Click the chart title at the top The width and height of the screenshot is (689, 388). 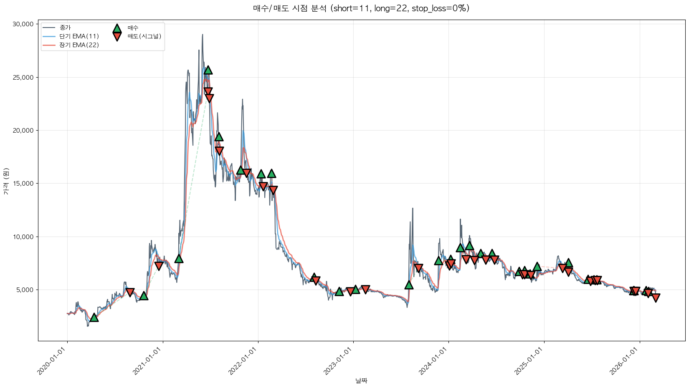pyautogui.click(x=361, y=8)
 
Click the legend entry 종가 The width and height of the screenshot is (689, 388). pyautogui.click(x=65, y=28)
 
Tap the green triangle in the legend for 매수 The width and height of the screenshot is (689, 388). pyautogui.click(x=117, y=28)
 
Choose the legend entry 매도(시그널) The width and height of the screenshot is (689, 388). pyautogui.click(x=144, y=36)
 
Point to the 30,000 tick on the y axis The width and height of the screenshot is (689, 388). pyautogui.click(x=23, y=24)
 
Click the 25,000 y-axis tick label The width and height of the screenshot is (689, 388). pyautogui.click(x=23, y=77)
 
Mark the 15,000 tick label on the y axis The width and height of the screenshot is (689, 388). pyautogui.click(x=23, y=184)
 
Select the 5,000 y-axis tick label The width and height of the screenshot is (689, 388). pyautogui.click(x=25, y=290)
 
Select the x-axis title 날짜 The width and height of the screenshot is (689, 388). pyautogui.click(x=361, y=380)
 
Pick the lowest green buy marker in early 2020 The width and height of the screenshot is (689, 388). pyautogui.click(x=94, y=317)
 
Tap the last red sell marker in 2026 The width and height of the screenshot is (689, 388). pyautogui.click(x=656, y=298)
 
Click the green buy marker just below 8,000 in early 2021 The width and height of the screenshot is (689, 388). pyautogui.click(x=179, y=259)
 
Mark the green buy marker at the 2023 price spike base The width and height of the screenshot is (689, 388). pyautogui.click(x=409, y=285)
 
